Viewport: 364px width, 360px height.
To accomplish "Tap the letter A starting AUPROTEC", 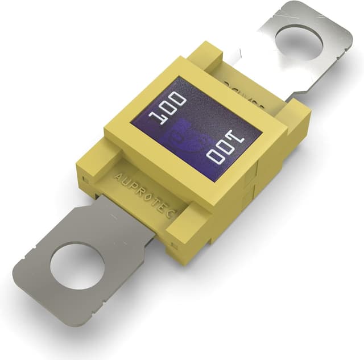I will [x=117, y=177].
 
